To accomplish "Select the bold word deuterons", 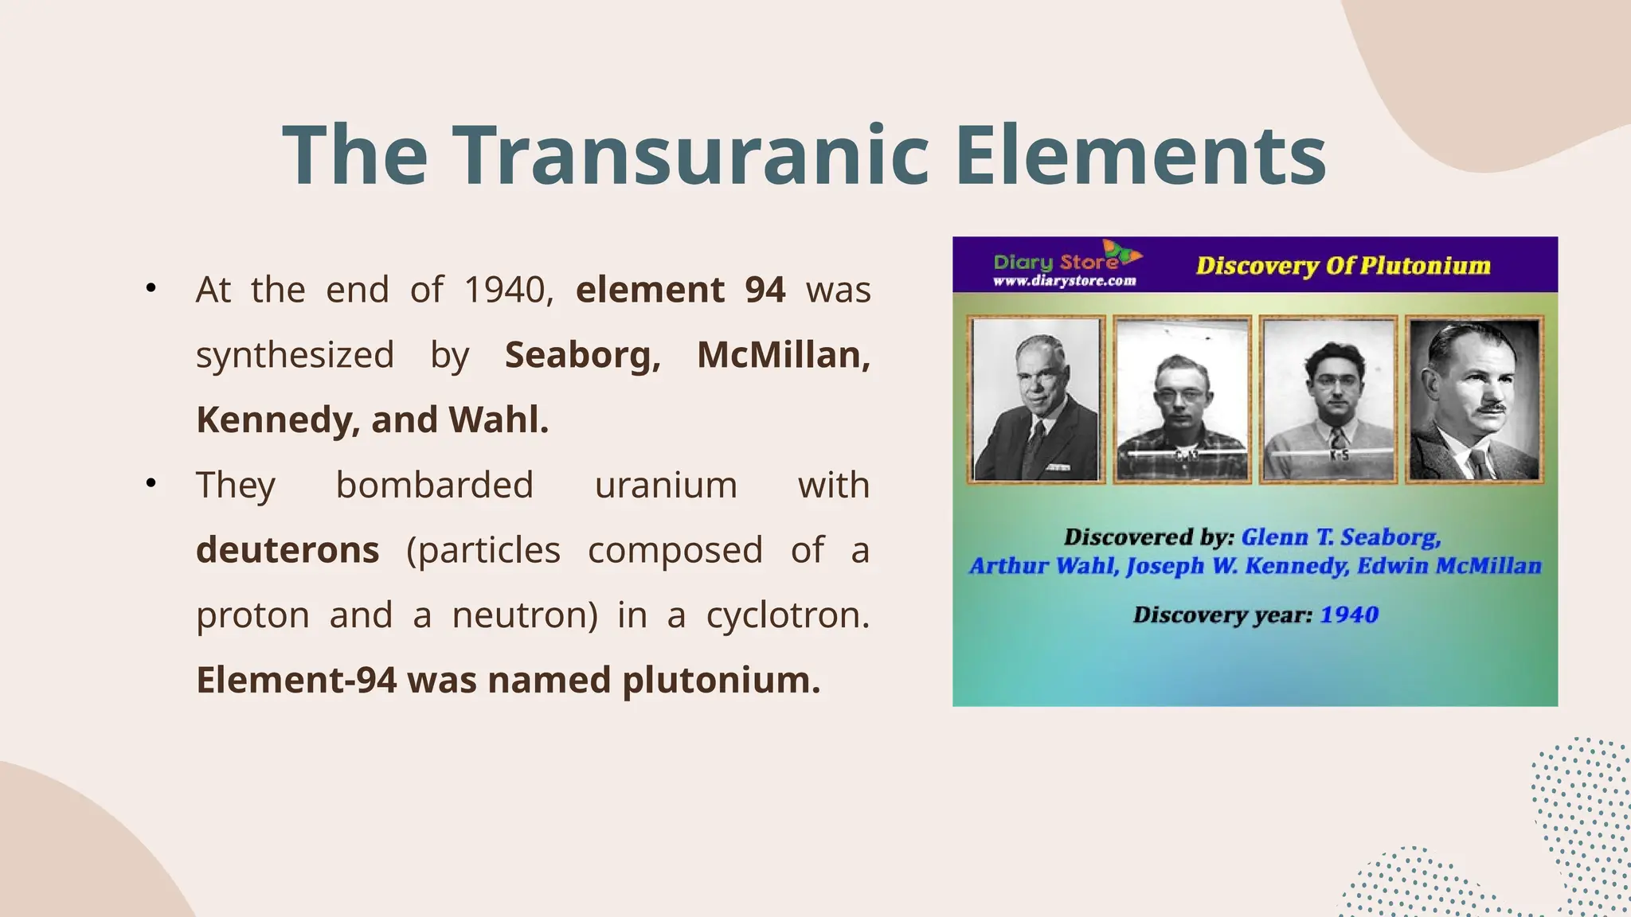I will click(x=287, y=550).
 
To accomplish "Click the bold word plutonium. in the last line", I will click(x=721, y=681).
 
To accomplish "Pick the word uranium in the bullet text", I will click(x=666, y=485).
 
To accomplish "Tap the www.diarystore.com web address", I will click(x=1064, y=281).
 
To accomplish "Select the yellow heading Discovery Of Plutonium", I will click(x=1343, y=266).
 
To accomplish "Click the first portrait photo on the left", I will click(x=1036, y=400).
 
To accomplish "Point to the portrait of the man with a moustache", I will click(x=1474, y=400).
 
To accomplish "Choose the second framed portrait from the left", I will click(x=1182, y=400).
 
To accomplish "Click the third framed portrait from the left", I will click(x=1328, y=400).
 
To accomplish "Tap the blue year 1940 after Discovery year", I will click(x=1348, y=615).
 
